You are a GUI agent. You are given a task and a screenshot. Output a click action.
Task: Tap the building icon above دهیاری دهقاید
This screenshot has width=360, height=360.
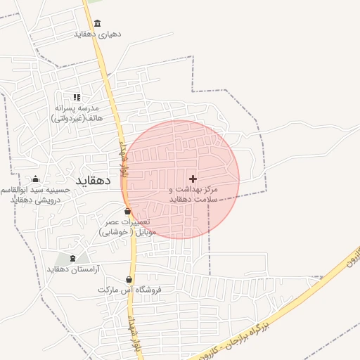pos(97,23)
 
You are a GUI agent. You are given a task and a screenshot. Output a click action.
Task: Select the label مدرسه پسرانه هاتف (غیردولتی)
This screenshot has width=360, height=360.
pos(77,113)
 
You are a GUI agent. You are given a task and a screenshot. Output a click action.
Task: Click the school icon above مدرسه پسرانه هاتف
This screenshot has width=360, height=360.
pos(77,97)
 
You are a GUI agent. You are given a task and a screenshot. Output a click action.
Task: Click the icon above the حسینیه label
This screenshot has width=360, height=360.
pos(35,179)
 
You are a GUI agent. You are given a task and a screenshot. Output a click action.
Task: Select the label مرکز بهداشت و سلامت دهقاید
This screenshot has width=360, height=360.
pos(193,195)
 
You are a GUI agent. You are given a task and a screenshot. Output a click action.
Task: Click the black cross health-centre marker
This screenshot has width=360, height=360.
pos(193,179)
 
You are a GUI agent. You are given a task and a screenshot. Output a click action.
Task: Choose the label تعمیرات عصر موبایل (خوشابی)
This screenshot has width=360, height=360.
pos(127,226)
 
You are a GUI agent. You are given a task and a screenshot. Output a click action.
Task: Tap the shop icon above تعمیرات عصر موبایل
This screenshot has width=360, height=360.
pos(127,211)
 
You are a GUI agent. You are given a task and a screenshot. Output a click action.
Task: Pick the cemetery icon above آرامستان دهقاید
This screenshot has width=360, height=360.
pos(73,258)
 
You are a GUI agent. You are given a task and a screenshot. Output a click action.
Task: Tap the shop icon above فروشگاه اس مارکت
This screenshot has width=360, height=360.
pos(129,279)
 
